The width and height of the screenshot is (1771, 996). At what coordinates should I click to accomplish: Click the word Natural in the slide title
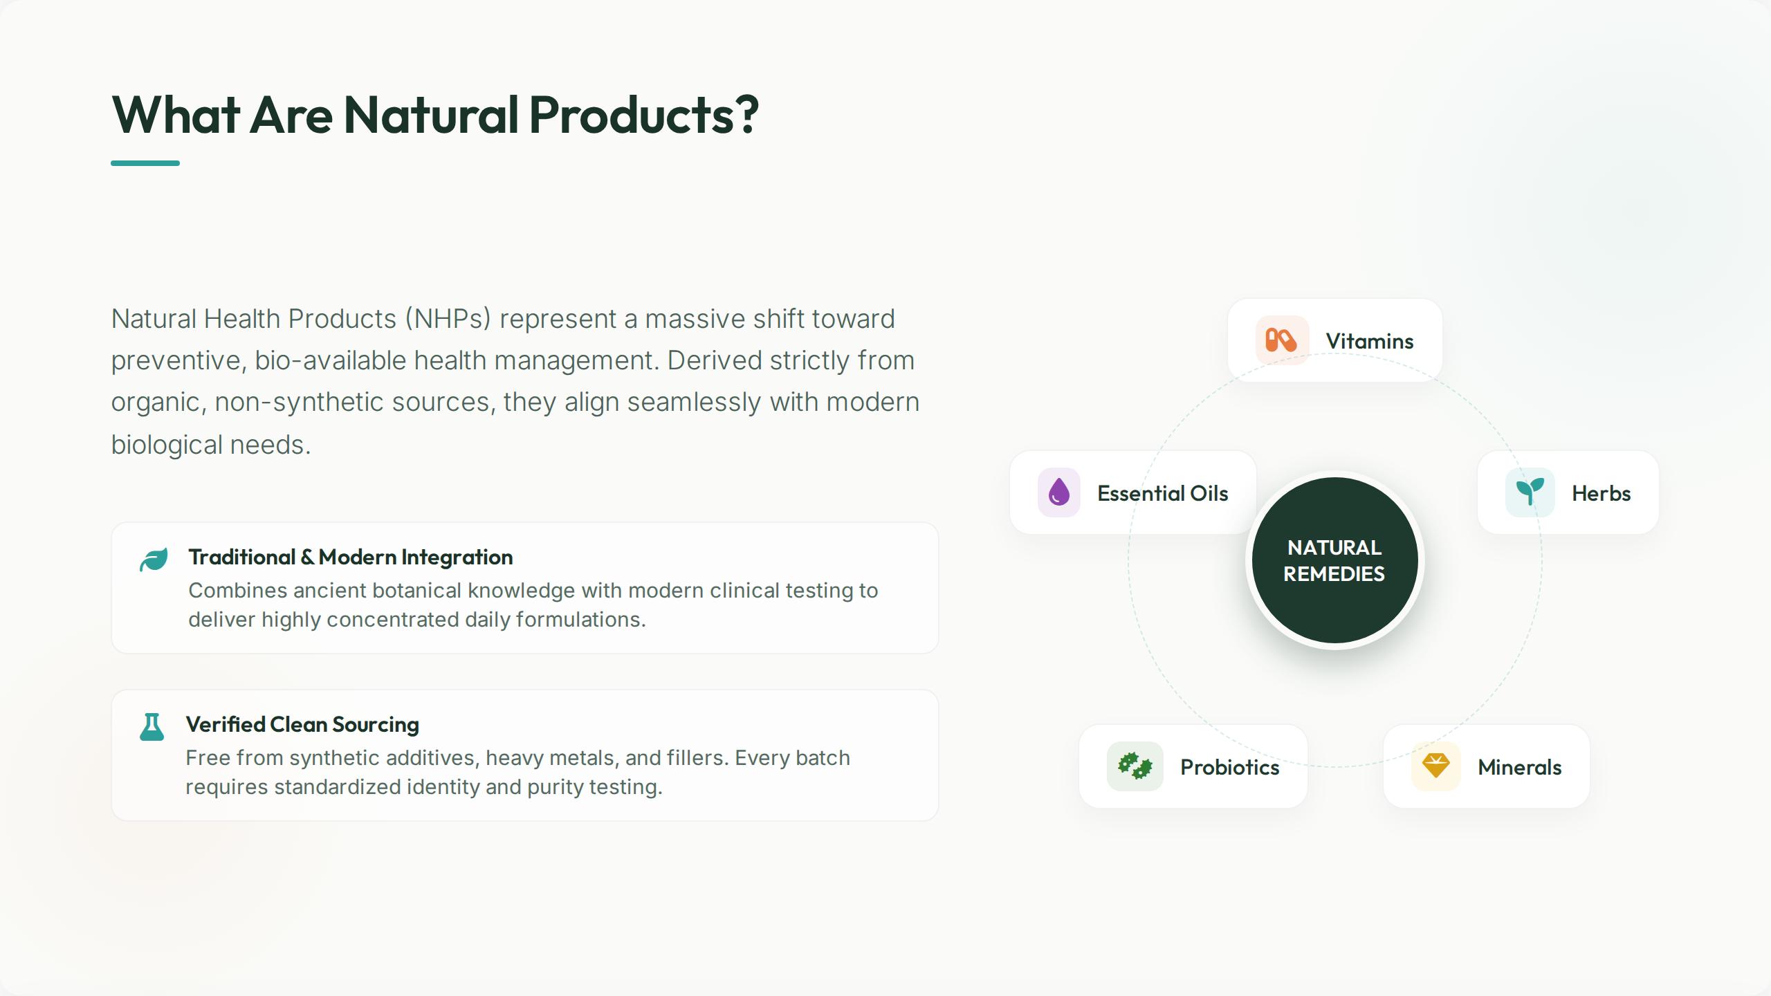[x=431, y=114]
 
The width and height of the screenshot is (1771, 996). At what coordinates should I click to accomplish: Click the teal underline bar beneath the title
[x=145, y=163]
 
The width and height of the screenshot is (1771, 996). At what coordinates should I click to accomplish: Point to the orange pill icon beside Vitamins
[x=1281, y=340]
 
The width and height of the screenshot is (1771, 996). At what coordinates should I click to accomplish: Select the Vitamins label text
[x=1369, y=341]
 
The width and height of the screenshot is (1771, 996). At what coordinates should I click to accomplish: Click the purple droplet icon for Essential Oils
[x=1058, y=492]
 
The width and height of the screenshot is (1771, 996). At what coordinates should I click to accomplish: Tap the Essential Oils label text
[x=1162, y=493]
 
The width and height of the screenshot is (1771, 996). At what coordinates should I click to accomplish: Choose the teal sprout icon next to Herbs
[x=1530, y=492]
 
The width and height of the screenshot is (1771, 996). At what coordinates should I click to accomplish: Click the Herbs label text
[x=1601, y=493]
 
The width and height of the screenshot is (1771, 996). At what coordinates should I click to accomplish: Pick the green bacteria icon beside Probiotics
[x=1135, y=766]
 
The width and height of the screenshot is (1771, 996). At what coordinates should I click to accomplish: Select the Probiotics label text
[x=1229, y=767]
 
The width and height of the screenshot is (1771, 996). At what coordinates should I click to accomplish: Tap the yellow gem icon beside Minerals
[x=1435, y=766]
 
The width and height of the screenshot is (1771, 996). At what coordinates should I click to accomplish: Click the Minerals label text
[x=1519, y=767]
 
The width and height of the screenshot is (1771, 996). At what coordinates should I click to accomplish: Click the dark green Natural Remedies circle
[x=1334, y=560]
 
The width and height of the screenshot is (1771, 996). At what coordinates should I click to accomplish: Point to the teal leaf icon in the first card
[x=154, y=560]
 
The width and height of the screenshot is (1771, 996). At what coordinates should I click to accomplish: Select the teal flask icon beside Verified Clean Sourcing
[x=152, y=727]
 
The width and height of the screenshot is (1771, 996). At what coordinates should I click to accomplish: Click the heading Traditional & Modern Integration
[x=351, y=557]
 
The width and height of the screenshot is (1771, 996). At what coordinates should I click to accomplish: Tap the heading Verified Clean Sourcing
[x=302, y=724]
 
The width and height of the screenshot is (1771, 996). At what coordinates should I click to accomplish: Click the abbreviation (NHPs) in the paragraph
[x=448, y=319]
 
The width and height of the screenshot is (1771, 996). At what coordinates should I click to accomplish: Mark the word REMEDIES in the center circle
[x=1334, y=573]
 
